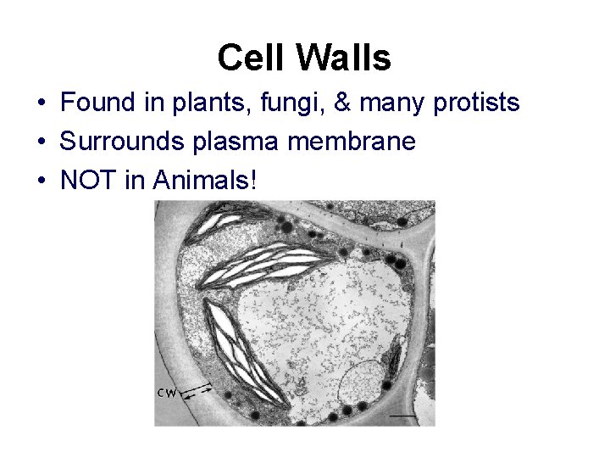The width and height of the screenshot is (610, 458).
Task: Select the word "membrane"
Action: click(x=352, y=142)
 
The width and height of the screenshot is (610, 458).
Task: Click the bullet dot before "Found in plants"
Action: click(x=41, y=104)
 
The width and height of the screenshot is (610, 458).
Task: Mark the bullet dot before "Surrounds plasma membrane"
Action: click(x=41, y=142)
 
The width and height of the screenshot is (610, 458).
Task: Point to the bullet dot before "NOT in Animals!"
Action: click(x=41, y=181)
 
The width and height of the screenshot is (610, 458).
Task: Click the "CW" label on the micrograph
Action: click(x=168, y=392)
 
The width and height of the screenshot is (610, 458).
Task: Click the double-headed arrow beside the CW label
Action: click(x=197, y=390)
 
